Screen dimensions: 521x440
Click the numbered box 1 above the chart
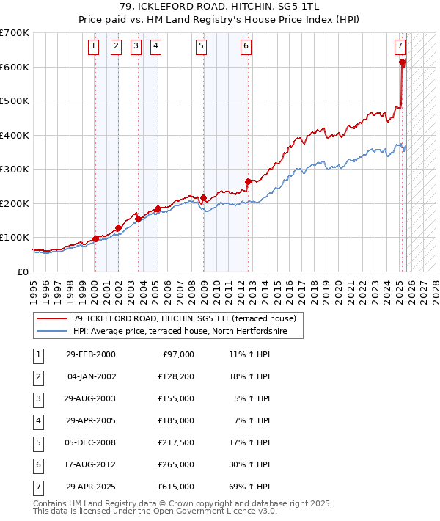click(95, 46)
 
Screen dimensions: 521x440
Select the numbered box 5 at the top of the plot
click(202, 46)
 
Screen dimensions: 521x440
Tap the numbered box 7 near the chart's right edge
click(400, 46)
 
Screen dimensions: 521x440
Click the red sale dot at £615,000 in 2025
click(402, 62)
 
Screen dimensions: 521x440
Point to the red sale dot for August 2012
click(248, 181)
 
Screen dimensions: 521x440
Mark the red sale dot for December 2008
click(203, 197)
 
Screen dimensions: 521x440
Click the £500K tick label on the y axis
click(15, 101)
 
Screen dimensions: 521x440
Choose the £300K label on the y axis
click(15, 169)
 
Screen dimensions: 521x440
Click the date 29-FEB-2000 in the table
click(91, 354)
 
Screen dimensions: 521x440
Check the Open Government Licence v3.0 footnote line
click(155, 511)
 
